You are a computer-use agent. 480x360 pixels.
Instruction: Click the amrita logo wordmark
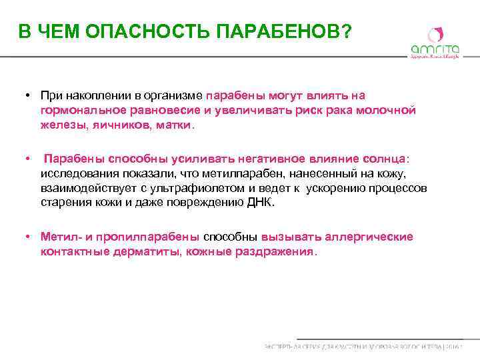(434, 49)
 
